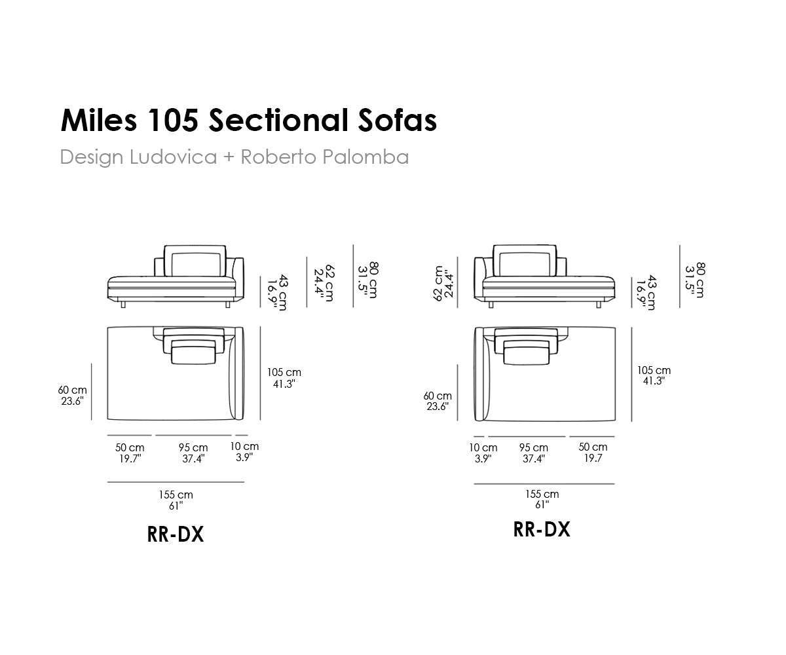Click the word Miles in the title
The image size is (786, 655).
[99, 120]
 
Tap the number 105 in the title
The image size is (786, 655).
[173, 120]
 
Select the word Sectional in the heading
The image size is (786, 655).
[278, 120]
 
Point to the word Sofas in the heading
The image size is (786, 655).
[397, 120]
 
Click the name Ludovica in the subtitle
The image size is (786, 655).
[173, 157]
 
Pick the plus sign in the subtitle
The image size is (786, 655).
[229, 157]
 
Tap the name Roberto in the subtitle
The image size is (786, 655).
[278, 157]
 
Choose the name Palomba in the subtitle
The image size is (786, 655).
[365, 157]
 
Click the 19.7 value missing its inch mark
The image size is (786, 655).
[593, 458]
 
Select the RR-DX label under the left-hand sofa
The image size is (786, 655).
[176, 534]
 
